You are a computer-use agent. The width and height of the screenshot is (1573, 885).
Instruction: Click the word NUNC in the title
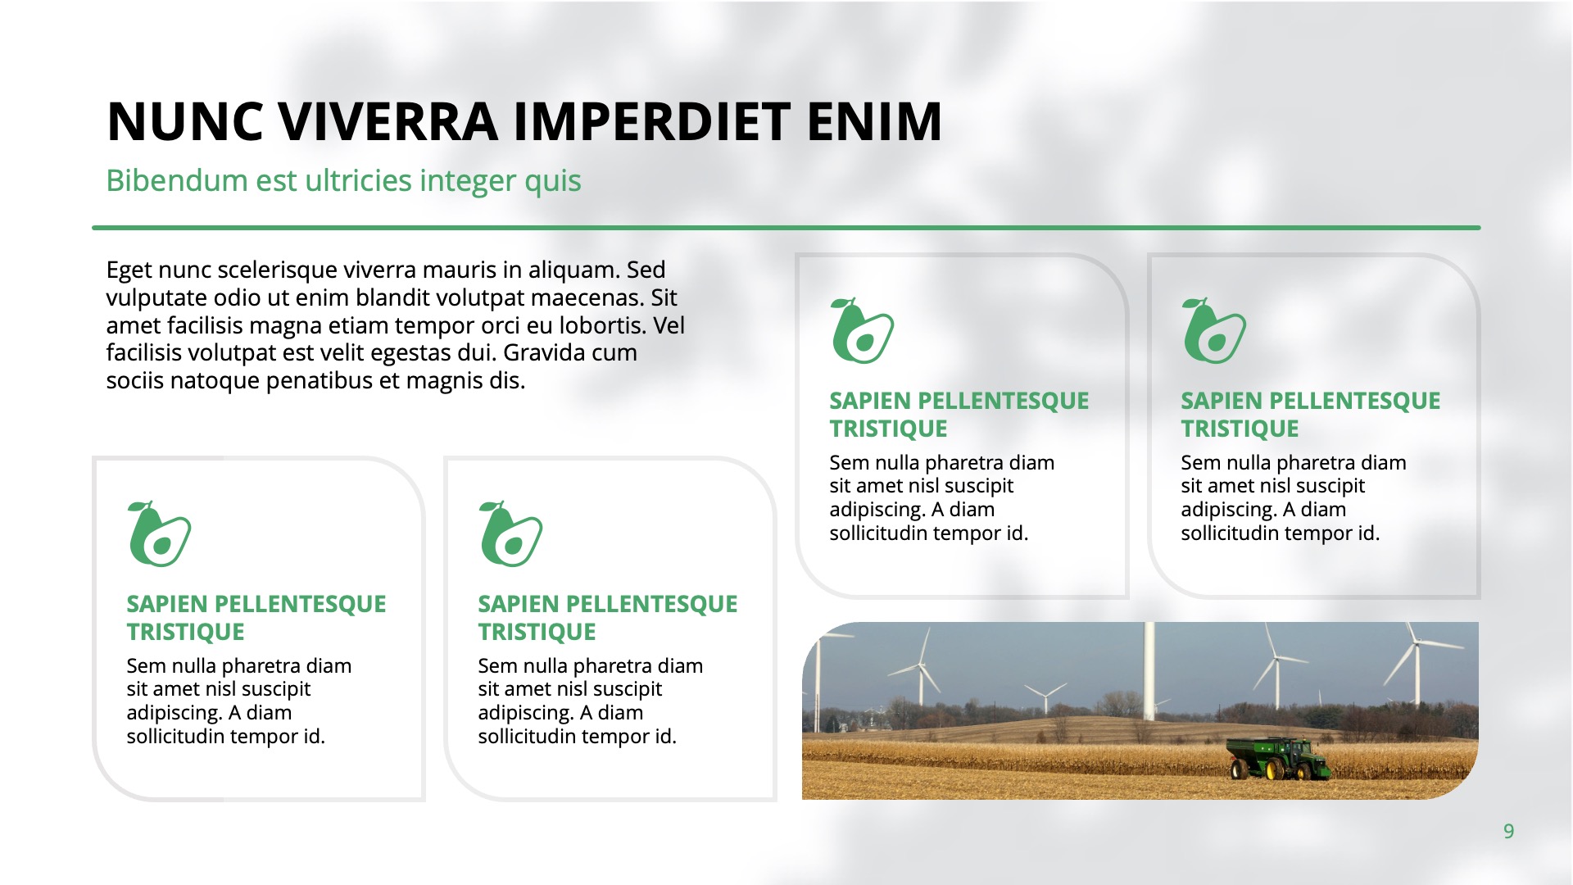click(x=186, y=121)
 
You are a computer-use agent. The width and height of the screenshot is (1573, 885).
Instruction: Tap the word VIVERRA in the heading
click(x=388, y=121)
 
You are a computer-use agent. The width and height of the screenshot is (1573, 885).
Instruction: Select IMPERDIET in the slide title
click(x=652, y=121)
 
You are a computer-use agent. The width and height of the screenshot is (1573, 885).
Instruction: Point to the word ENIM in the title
click(x=874, y=121)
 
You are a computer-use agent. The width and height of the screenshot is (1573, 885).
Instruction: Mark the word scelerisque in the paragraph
click(x=266, y=270)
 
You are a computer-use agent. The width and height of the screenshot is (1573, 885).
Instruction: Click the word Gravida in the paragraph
click(x=544, y=353)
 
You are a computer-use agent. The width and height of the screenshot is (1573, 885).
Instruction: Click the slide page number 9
click(x=1508, y=832)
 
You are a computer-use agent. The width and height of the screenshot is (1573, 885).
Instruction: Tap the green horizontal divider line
click(x=786, y=228)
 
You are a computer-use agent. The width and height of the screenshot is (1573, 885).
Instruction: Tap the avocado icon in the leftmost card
click(x=159, y=533)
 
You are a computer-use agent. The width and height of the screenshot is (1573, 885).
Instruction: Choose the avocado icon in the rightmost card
click(x=1213, y=330)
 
